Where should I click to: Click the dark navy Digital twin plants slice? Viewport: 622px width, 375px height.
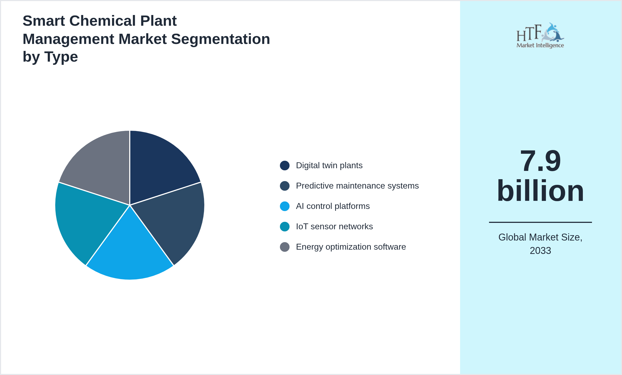point(158,166)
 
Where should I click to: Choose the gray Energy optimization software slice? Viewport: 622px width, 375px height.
point(102,166)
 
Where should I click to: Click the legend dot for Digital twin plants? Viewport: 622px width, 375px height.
point(284,166)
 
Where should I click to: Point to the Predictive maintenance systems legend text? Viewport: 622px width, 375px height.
point(357,186)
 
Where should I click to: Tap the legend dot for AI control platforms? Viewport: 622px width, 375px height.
point(284,206)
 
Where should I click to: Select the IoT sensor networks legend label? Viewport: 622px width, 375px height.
point(334,227)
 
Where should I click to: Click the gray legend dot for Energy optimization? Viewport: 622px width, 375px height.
point(284,247)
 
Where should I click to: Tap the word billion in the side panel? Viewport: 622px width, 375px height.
point(540,191)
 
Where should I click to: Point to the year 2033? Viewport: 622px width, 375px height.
point(540,251)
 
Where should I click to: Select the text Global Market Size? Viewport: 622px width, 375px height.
point(540,237)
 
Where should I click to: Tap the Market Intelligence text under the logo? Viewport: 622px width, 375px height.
point(540,45)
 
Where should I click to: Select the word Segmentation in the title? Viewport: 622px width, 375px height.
point(220,39)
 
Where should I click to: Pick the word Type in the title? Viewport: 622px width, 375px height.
point(61,57)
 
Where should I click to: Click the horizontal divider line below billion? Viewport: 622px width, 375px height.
point(540,222)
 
